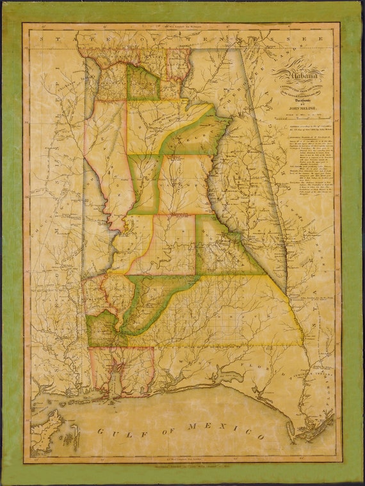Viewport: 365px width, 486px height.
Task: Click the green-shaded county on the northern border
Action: pos(143,83)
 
